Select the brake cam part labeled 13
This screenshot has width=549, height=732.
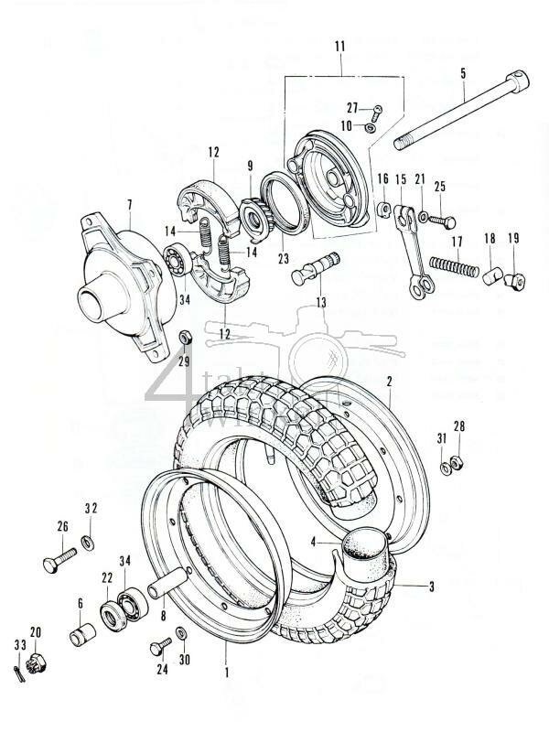point(317,266)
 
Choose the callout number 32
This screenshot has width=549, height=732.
point(91,509)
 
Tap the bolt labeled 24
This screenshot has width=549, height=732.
point(157,649)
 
